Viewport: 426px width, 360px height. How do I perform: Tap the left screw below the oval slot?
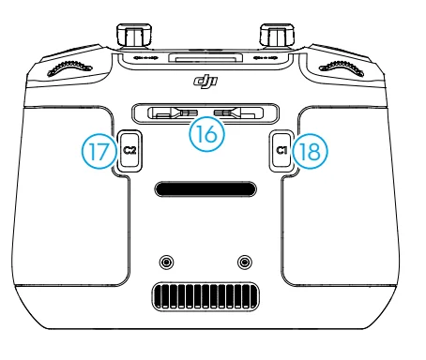pyautogui.click(x=167, y=259)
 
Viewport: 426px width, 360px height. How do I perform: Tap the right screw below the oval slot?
pyautogui.click(x=246, y=259)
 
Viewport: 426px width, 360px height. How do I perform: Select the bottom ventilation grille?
pyautogui.click(x=205, y=299)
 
